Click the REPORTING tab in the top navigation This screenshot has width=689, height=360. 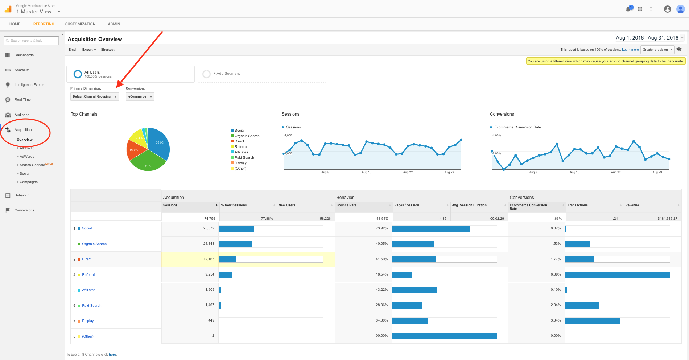pos(44,24)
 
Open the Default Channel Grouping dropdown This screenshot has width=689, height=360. pos(94,96)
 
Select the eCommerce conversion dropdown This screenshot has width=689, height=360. pos(140,96)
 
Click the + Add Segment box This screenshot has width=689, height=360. pos(261,74)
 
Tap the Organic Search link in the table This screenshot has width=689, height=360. pos(94,244)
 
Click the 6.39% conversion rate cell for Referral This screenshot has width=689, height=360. pos(556,274)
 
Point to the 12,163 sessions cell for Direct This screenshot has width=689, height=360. pos(209,259)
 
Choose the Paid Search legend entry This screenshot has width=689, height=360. pos(244,158)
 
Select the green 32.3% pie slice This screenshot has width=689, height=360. pos(147,163)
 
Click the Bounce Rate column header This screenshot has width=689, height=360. pos(346,205)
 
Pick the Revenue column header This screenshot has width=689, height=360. pos(632,205)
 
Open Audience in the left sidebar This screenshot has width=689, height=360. pos(22,115)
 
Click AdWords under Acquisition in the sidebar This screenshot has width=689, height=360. pos(27,157)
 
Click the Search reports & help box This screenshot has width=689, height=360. pos(31,41)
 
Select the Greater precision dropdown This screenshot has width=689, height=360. pos(657,50)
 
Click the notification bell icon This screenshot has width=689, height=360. pos(628,9)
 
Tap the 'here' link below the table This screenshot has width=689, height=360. pos(112,355)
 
